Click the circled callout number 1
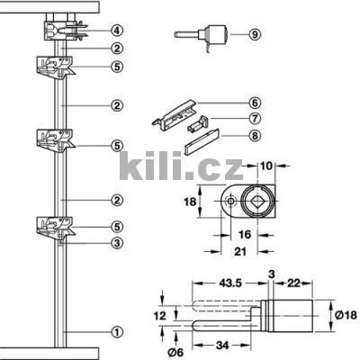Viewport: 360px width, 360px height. [x=116, y=331]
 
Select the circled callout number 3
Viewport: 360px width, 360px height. [x=116, y=241]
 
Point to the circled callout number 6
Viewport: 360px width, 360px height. [x=255, y=103]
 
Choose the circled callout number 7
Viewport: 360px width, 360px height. [x=255, y=119]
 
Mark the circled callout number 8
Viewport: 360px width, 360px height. [x=255, y=136]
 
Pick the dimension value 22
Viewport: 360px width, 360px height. [x=294, y=282]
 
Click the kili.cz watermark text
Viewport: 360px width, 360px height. [x=179, y=166]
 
